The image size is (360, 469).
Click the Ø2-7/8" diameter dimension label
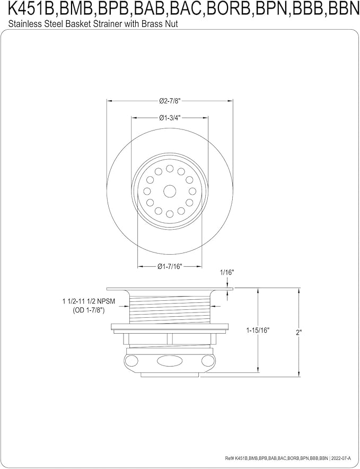[170, 101]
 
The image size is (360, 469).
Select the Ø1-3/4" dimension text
[170, 118]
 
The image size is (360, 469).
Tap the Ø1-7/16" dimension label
[170, 266]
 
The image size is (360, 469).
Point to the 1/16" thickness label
[227, 273]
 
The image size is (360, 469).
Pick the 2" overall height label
[298, 332]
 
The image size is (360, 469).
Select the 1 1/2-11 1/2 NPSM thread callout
[89, 302]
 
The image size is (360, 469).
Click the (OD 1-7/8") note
[89, 311]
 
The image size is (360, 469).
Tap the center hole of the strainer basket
[170, 191]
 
